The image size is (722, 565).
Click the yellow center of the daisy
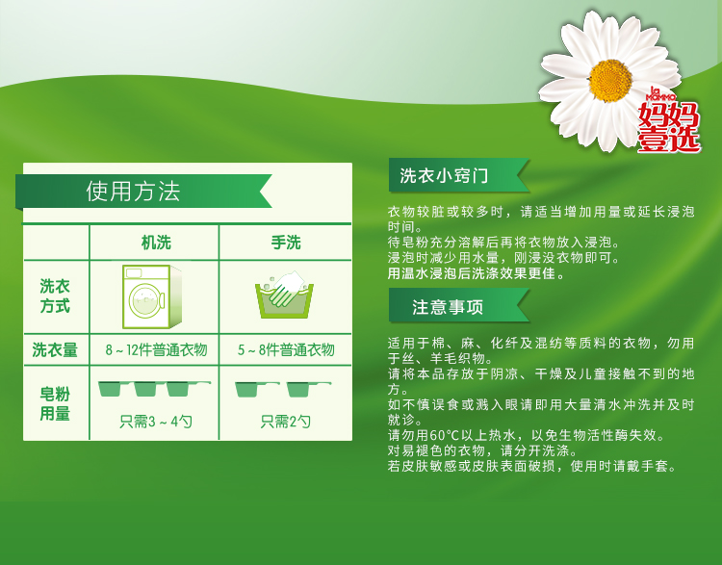(x=610, y=81)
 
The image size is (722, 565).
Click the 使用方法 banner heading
(x=133, y=192)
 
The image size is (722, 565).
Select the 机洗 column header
(x=156, y=243)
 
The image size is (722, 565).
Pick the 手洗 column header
(x=286, y=243)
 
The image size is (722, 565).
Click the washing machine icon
(x=152, y=297)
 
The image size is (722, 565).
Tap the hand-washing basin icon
(x=285, y=295)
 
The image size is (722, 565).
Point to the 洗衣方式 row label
(x=55, y=296)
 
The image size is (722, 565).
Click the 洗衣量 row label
(x=55, y=350)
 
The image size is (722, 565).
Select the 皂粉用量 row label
(x=55, y=403)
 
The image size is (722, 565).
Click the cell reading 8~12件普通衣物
(x=156, y=350)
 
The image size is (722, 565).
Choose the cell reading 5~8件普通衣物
(x=286, y=350)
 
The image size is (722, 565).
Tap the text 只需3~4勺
(x=156, y=422)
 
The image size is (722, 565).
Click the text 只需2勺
(x=286, y=422)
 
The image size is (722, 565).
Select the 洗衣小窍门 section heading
(x=444, y=175)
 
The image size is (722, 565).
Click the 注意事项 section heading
(x=448, y=307)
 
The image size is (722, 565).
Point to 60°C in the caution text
(x=445, y=435)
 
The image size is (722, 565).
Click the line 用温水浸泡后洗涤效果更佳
(x=476, y=273)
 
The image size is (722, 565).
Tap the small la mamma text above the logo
(x=659, y=93)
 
